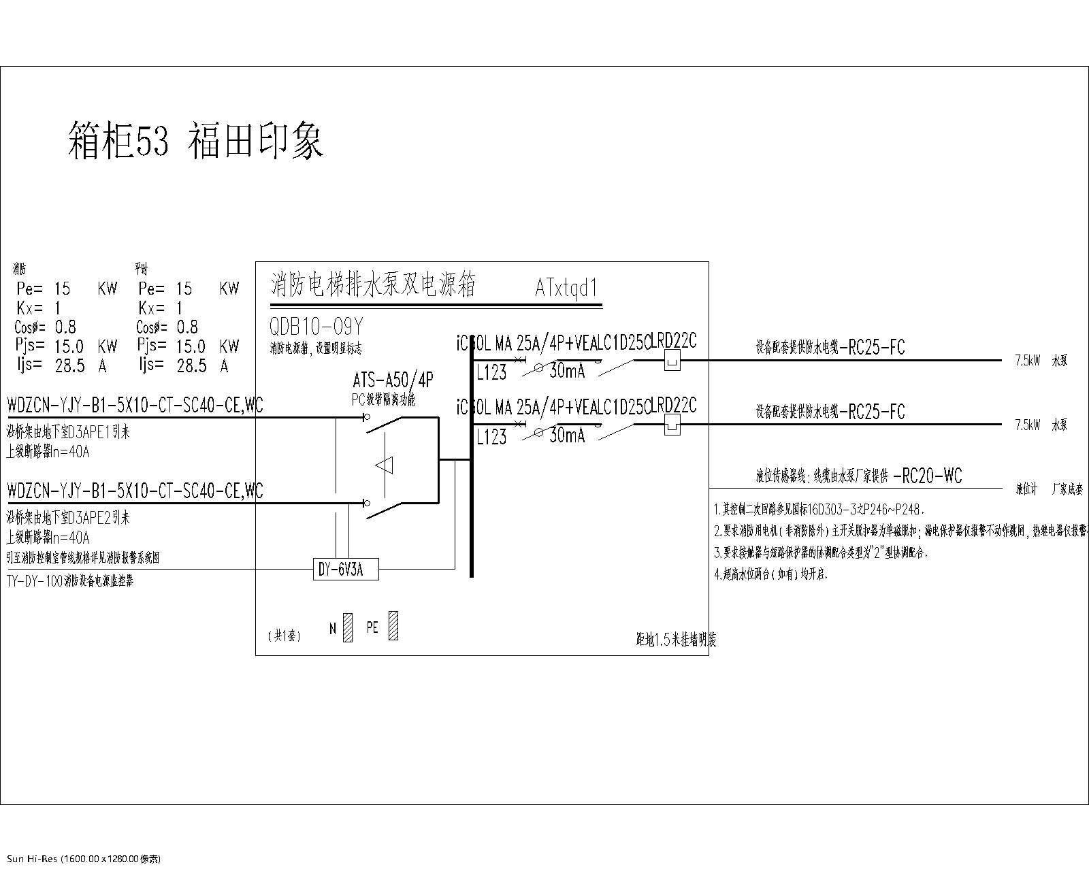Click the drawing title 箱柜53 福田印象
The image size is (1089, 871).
pyautogui.click(x=196, y=141)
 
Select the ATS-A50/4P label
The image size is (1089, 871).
pyautogui.click(x=393, y=380)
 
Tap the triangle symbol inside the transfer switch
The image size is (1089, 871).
pyautogui.click(x=385, y=465)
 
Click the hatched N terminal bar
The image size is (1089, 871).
pyautogui.click(x=348, y=628)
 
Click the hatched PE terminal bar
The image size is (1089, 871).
pyautogui.click(x=393, y=625)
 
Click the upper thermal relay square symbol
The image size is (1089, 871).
pyautogui.click(x=672, y=361)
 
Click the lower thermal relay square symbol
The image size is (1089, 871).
pyautogui.click(x=672, y=425)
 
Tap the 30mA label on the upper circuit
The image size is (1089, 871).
pyautogui.click(x=566, y=372)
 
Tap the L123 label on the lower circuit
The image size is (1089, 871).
pyautogui.click(x=491, y=438)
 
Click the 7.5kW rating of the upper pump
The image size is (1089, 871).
pyautogui.click(x=1027, y=361)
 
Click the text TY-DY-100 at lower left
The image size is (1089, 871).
pyautogui.click(x=34, y=581)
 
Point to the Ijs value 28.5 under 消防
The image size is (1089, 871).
pyautogui.click(x=69, y=366)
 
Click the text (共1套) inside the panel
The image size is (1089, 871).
pyautogui.click(x=284, y=636)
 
